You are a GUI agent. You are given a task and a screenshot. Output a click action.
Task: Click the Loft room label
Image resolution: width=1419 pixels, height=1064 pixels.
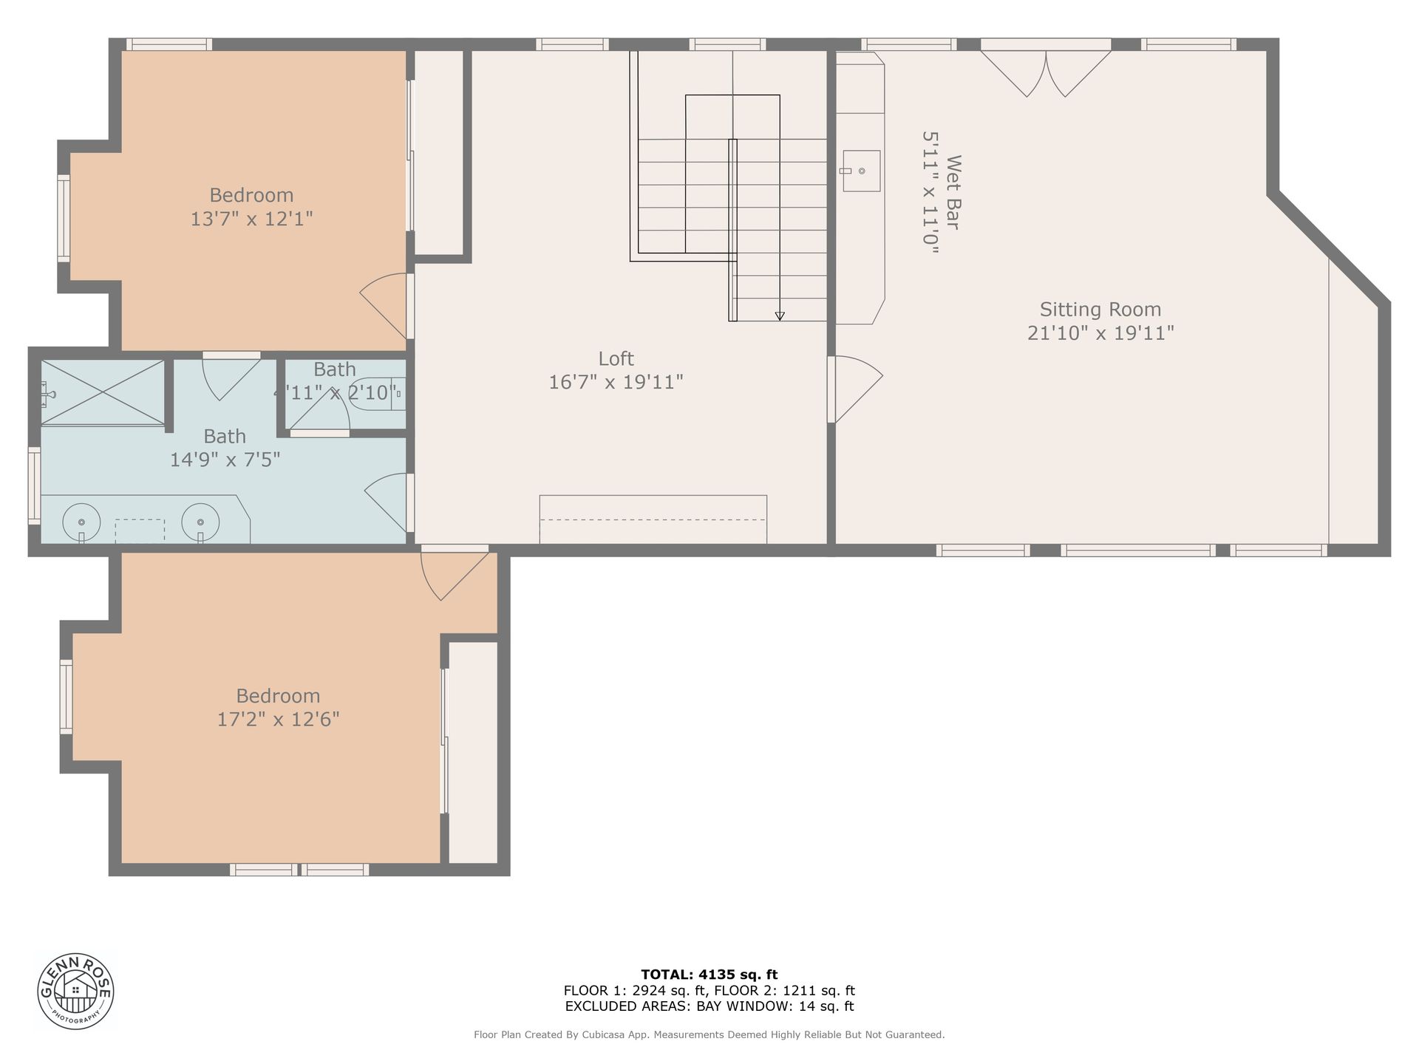616,358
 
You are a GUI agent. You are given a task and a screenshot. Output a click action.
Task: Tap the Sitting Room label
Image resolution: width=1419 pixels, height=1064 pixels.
1100,309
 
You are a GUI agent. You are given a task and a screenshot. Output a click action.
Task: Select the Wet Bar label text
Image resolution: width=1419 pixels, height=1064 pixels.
954,192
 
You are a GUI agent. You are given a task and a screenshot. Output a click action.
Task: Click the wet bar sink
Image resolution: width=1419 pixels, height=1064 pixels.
861,171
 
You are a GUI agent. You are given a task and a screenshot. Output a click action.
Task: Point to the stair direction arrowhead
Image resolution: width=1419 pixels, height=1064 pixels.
780,316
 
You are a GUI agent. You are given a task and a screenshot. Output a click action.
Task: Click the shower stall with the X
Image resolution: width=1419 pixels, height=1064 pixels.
103,392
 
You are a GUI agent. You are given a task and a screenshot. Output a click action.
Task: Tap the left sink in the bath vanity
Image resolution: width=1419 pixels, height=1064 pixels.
81,519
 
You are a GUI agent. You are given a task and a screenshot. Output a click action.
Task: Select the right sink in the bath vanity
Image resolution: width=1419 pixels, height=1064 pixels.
201,519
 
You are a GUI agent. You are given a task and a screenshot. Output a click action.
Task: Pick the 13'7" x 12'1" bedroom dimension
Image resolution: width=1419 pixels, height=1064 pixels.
252,219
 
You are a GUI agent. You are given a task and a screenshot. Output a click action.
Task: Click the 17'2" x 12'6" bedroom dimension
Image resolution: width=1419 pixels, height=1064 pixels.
278,719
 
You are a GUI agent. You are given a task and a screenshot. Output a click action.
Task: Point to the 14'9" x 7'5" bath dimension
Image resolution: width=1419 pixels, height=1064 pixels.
225,460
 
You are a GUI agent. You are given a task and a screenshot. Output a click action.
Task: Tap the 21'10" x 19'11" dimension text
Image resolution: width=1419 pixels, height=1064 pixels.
1100,332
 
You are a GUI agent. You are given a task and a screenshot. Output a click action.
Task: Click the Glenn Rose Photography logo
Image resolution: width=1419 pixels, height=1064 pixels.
76,990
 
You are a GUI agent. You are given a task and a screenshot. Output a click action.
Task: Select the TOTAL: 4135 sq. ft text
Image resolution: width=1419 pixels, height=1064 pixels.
709,975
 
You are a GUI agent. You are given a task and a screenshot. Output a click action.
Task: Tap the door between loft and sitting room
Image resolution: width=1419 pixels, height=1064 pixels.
855,389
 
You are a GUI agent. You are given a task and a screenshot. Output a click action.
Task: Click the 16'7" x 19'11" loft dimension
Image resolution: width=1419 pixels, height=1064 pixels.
616,382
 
